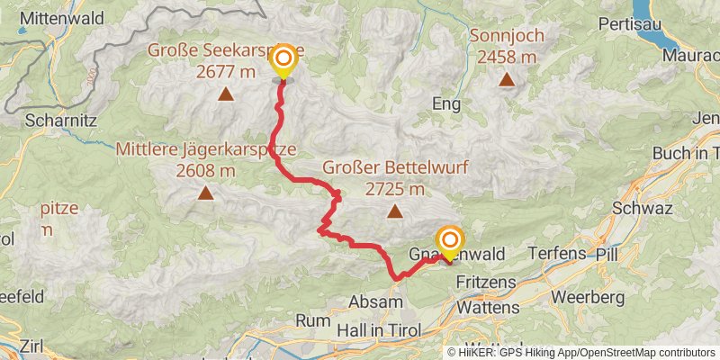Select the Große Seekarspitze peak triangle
[224, 93]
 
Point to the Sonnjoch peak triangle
[508, 79]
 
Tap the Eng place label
[446, 104]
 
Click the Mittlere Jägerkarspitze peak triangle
[206, 192]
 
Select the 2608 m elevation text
[206, 170]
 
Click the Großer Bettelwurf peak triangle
[394, 211]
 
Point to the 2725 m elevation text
[395, 189]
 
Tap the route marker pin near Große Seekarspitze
[283, 62]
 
